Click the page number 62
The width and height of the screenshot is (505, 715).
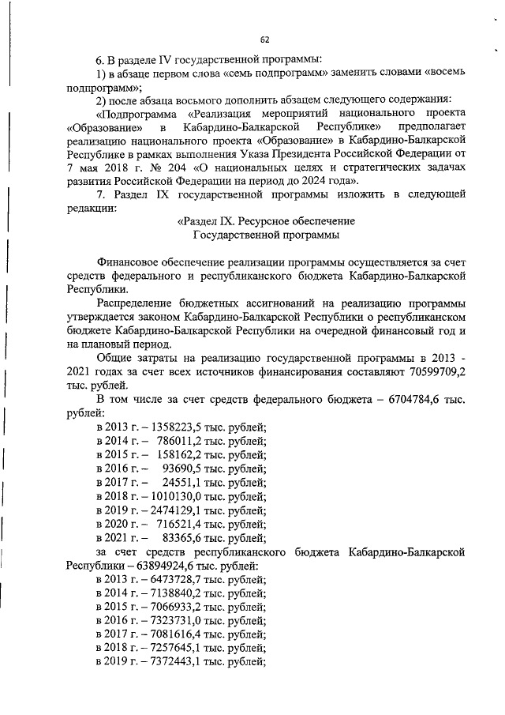pos(264,39)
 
